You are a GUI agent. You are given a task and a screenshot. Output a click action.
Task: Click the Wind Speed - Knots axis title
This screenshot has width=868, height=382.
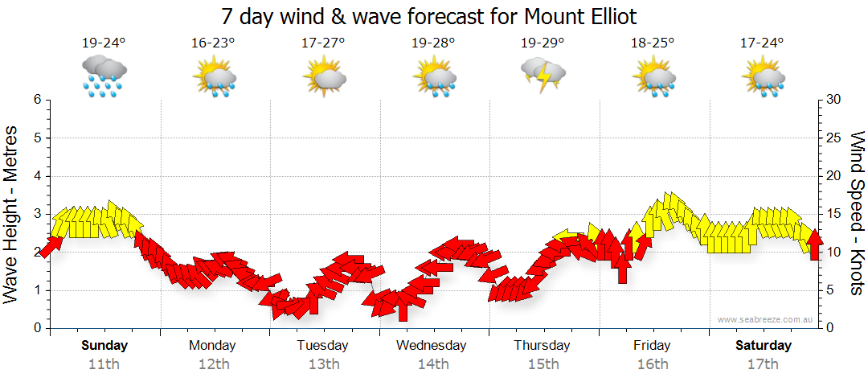coord(856,213)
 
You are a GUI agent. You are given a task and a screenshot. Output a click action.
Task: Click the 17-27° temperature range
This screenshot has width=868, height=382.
coord(323,43)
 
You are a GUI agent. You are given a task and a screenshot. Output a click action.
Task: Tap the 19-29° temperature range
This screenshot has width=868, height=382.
coord(542,43)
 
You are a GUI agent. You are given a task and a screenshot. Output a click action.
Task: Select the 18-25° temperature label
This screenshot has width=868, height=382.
coord(652,43)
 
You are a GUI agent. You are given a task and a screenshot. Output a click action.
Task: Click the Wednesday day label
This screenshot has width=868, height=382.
coord(432,346)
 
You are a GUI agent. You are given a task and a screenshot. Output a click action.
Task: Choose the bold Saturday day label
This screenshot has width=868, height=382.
coord(764,346)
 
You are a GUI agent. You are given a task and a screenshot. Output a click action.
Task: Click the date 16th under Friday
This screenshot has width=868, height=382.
coord(652,364)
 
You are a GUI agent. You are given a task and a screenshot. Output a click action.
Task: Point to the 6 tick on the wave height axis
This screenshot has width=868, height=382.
coord(37,100)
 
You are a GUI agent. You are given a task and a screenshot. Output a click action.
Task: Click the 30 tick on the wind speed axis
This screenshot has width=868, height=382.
coord(835,100)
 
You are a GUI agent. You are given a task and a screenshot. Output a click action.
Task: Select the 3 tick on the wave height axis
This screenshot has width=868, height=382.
coord(37,214)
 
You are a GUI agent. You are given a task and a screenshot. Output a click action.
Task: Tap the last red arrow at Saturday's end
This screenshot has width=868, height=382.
coord(814,244)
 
